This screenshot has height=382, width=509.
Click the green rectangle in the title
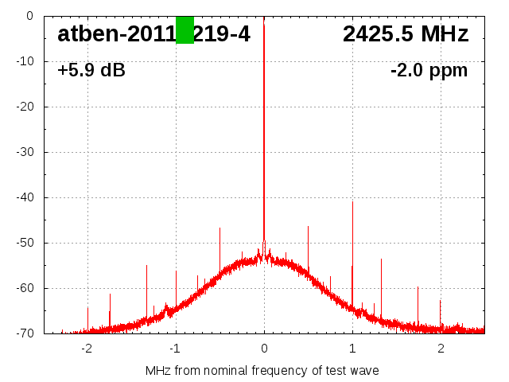pyautogui.click(x=185, y=30)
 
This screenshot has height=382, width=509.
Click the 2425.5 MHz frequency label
pyautogui.click(x=406, y=34)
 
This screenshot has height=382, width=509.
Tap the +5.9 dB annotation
pyautogui.click(x=91, y=70)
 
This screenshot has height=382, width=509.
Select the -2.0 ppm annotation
pyautogui.click(x=429, y=70)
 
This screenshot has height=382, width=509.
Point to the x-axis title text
pyautogui.click(x=262, y=371)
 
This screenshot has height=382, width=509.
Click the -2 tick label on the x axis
pyautogui.click(x=86, y=349)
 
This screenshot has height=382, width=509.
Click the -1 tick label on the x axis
pyautogui.click(x=174, y=349)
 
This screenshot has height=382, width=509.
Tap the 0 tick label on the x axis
pyautogui.click(x=264, y=349)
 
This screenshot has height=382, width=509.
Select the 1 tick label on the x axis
pyautogui.click(x=352, y=349)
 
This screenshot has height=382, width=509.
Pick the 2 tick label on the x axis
pyautogui.click(x=441, y=349)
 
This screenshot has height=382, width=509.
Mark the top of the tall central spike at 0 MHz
pyautogui.click(x=264, y=25)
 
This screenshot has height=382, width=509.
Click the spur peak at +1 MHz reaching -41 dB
pyautogui.click(x=352, y=202)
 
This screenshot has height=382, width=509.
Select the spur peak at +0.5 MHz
pyautogui.click(x=308, y=227)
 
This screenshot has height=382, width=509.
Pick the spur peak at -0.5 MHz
pyautogui.click(x=220, y=228)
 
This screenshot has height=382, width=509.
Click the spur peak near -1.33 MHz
pyautogui.click(x=146, y=266)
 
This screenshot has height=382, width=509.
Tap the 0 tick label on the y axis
pyautogui.click(x=29, y=16)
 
